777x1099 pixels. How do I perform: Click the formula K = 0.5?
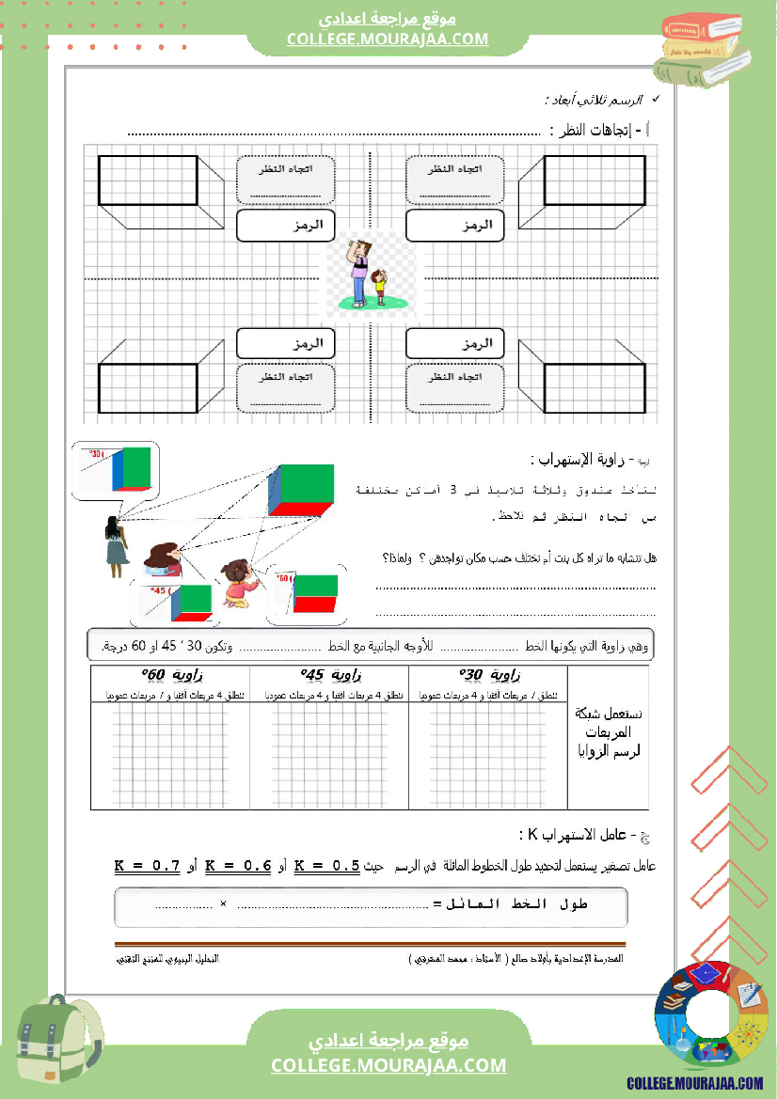pyautogui.click(x=327, y=866)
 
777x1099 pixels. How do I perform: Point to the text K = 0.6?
pyautogui.click(x=238, y=866)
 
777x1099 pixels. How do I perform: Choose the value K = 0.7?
pyautogui.click(x=147, y=866)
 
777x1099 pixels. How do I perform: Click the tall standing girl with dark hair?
pyautogui.click(x=116, y=546)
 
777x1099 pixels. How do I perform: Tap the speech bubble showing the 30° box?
pyautogui.click(x=117, y=470)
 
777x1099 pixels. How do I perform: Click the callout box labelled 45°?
pyautogui.click(x=176, y=602)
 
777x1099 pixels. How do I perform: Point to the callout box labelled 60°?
pyautogui.click(x=306, y=595)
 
